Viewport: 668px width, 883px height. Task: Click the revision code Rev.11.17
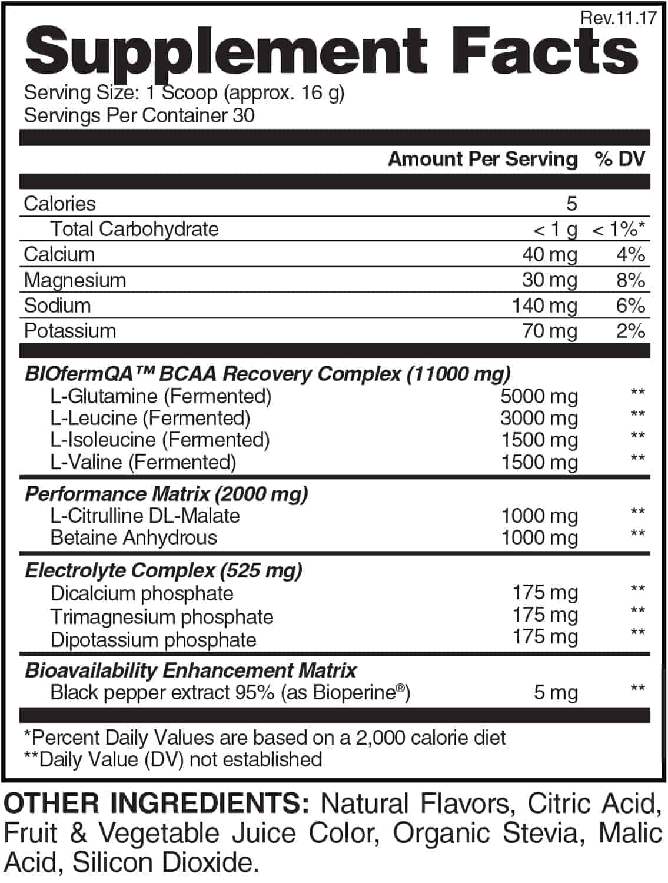pos(618,18)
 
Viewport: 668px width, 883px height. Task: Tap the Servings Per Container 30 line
pos(139,115)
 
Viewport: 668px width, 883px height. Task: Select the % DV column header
pos(620,159)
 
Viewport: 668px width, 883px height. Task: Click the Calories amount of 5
pos(571,204)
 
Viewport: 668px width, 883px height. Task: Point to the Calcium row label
pos(59,254)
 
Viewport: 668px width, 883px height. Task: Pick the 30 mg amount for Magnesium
pos(549,280)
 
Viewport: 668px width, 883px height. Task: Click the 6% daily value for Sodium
pos(630,306)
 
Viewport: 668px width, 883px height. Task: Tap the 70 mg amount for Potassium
pos(549,331)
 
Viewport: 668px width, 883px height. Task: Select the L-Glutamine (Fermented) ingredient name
pos(161,396)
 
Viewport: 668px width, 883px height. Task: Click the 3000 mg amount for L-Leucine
pos(539,418)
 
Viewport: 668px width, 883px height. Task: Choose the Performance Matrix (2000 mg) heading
pos(167,494)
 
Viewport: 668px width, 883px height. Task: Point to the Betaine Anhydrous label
pos(134,537)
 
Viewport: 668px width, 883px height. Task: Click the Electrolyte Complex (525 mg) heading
pos(164,570)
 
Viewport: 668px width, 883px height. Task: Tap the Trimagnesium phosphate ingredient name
pos(162,617)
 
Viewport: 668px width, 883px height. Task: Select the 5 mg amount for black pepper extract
pos(556,692)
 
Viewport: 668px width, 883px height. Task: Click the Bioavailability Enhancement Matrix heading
pos(191,670)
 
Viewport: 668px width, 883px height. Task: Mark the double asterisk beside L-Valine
pos(637,458)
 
